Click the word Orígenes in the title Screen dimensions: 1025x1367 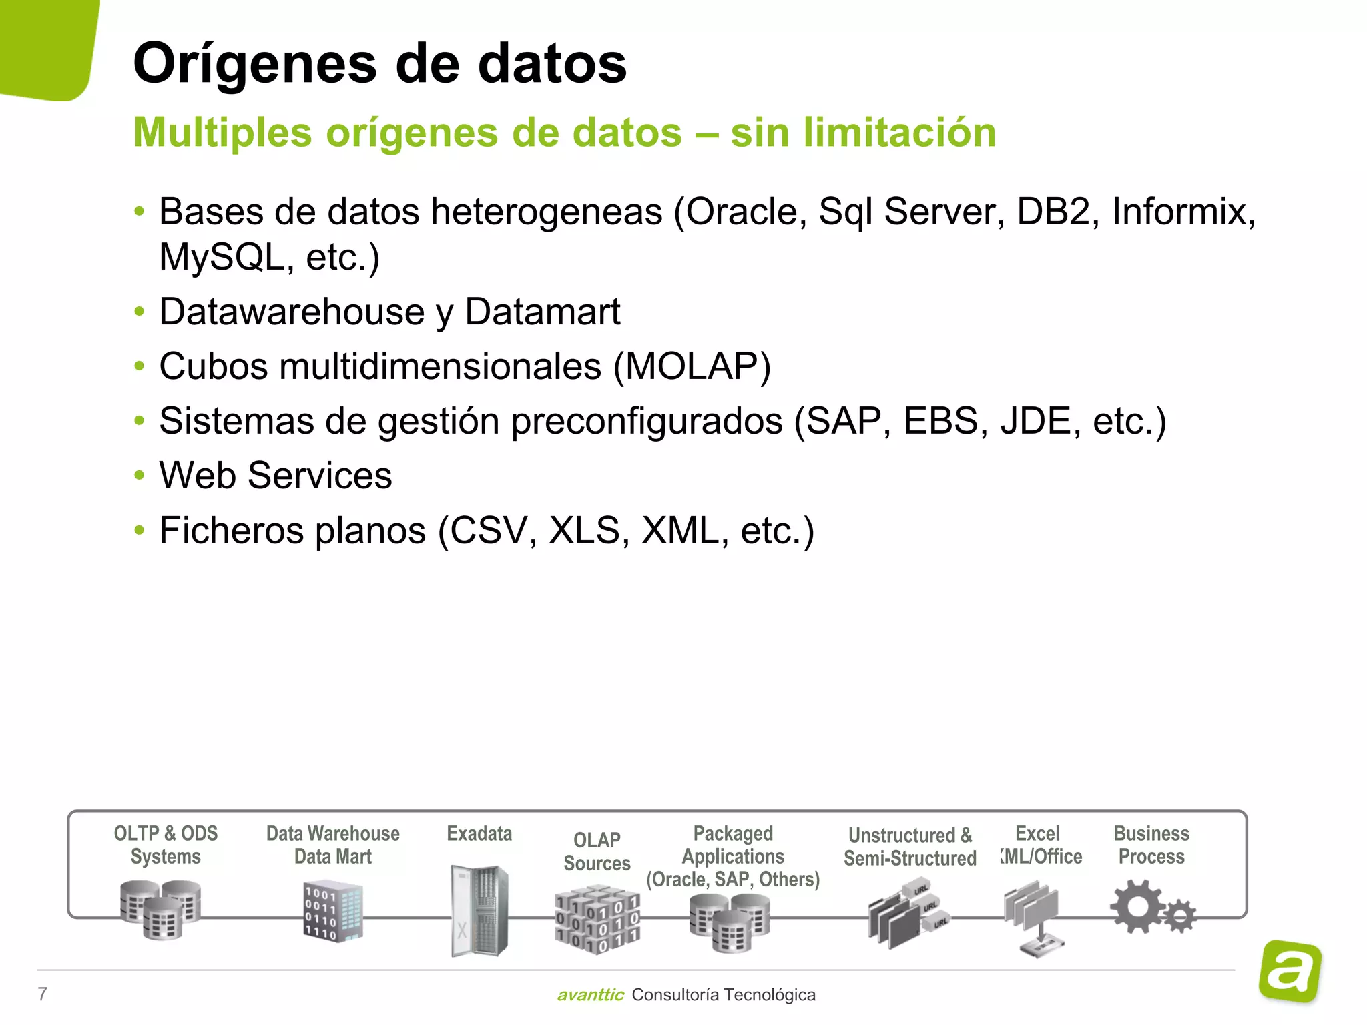[x=255, y=64]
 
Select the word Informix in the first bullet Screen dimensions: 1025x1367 [x=1183, y=212]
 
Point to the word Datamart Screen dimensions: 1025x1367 [x=542, y=312]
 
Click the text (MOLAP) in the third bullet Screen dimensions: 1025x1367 [x=692, y=366]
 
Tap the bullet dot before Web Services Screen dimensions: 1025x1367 [x=139, y=476]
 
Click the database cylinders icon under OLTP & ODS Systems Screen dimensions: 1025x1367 [x=161, y=909]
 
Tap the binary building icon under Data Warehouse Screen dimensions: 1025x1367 [x=333, y=912]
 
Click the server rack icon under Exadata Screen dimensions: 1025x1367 [x=479, y=910]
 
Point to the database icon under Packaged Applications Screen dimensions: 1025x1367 [x=730, y=922]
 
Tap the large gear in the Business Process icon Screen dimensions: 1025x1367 [x=1137, y=906]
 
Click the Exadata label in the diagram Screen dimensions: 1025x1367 [x=479, y=833]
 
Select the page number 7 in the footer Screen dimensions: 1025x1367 [x=43, y=994]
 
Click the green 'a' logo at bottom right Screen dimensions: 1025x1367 [x=1290, y=971]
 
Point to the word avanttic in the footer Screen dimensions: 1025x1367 [x=590, y=995]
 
